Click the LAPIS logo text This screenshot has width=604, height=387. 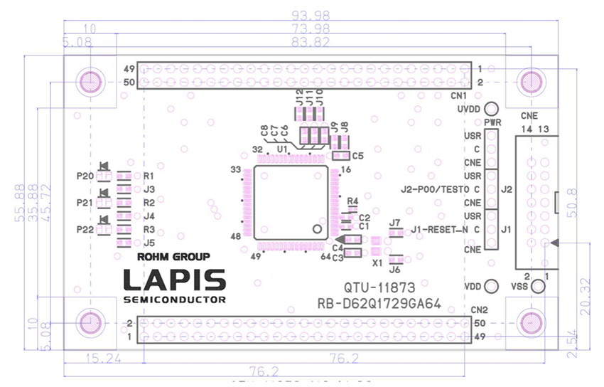(x=175, y=280)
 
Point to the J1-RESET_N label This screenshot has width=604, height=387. (x=441, y=230)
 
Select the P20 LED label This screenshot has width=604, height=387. (x=84, y=176)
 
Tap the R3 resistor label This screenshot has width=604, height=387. (x=149, y=230)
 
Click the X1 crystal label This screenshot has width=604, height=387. (x=377, y=262)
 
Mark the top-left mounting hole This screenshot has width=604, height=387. (x=90, y=81)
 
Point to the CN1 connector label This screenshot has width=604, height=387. (x=459, y=95)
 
